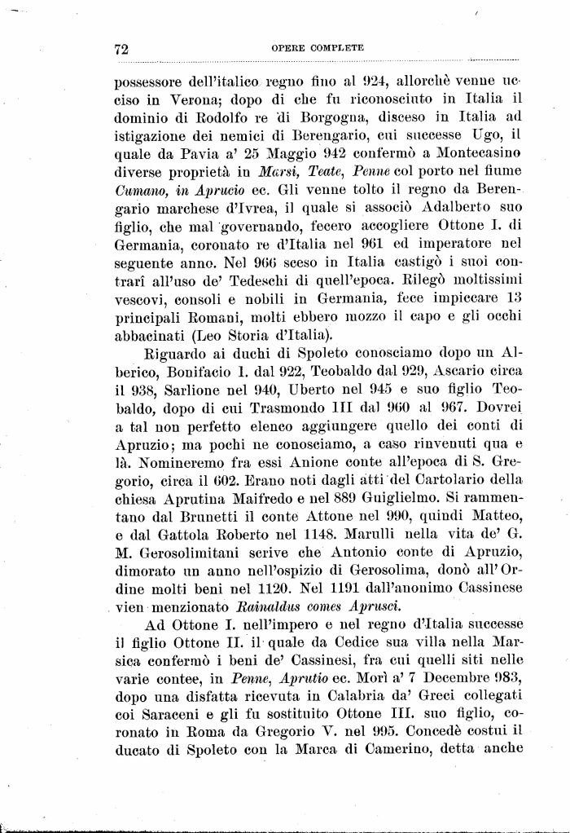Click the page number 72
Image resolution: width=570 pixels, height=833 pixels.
[x=122, y=49]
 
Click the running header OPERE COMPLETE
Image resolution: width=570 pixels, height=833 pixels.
[x=317, y=48]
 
